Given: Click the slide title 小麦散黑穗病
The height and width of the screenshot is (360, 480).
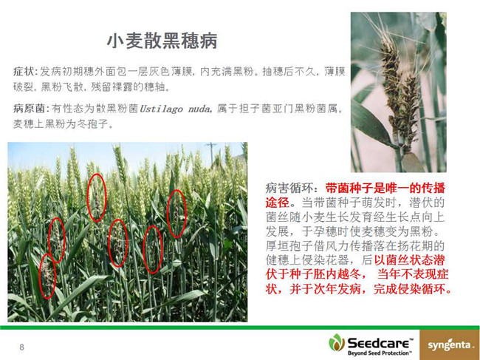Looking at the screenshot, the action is [x=162, y=41].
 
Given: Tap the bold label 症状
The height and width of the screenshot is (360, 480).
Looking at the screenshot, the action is [x=24, y=72].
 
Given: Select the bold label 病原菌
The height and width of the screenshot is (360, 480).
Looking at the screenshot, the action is [x=30, y=109].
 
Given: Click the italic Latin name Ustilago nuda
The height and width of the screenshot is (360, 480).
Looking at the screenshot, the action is [x=175, y=109].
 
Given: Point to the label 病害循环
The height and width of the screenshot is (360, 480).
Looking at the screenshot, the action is [x=289, y=188].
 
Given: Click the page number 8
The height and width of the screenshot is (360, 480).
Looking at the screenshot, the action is [x=21, y=347].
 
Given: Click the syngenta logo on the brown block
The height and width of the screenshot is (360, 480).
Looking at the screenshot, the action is [x=450, y=345].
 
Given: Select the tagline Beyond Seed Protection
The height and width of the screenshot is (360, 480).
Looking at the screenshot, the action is [x=380, y=353].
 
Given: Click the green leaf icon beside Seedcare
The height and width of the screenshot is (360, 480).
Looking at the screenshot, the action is [x=337, y=343].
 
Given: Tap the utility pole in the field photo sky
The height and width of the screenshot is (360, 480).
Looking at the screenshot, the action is [x=211, y=154].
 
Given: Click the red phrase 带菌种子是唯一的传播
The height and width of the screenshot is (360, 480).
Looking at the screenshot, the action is [x=385, y=188].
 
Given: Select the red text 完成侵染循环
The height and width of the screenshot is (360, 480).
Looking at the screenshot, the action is [x=412, y=289].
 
